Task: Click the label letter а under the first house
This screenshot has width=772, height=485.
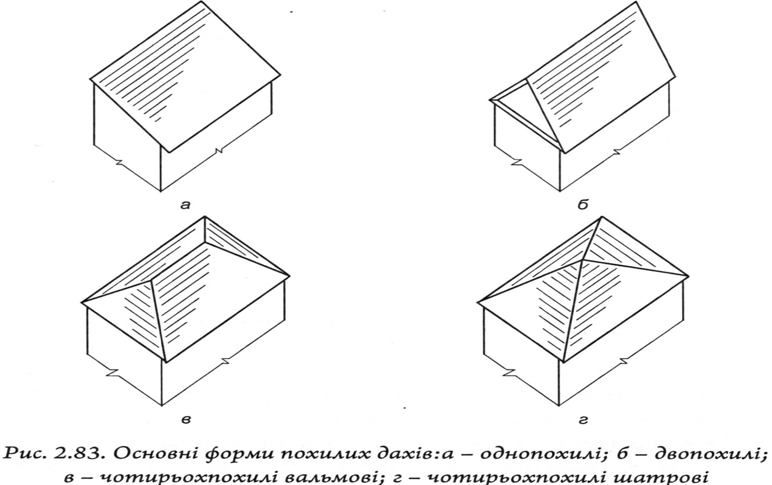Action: [185, 205]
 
